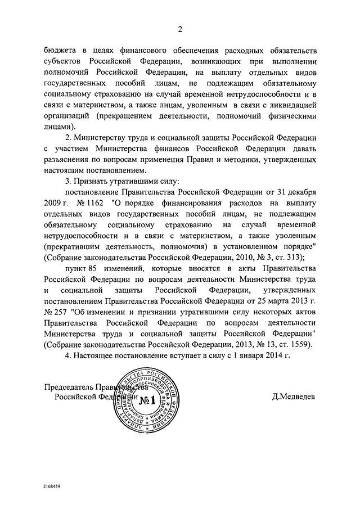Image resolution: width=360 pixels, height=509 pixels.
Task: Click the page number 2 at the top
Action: click(180, 30)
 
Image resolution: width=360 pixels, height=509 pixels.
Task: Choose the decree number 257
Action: click(60, 310)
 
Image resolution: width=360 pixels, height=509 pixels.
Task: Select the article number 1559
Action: click(299, 343)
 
